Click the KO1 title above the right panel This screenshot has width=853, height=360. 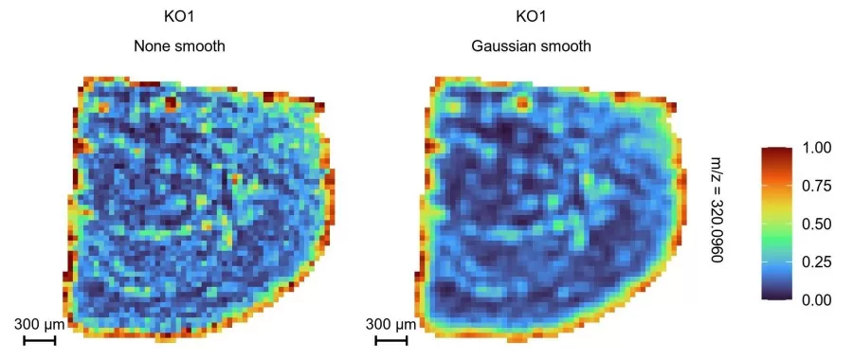point(532,17)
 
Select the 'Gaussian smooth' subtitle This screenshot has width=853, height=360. point(532,45)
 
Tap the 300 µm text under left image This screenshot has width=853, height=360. point(40,325)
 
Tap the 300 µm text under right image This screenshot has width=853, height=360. point(391,325)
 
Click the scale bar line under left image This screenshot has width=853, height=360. point(40,339)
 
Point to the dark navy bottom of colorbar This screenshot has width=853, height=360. point(776,297)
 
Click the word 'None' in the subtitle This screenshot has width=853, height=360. point(154,45)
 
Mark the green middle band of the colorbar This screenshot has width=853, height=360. point(776,225)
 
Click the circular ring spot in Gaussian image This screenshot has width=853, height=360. point(520,102)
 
